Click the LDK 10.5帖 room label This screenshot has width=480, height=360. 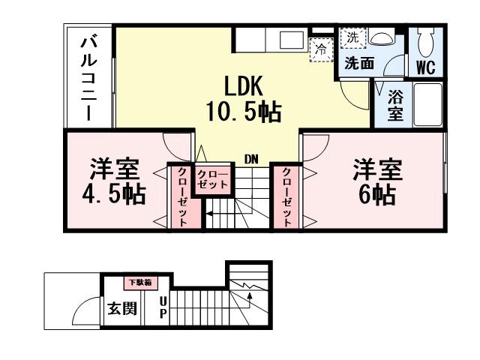tap(243, 98)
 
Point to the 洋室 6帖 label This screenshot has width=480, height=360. tap(377, 182)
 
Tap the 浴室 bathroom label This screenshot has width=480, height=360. tap(395, 105)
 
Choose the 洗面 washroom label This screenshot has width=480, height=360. tap(359, 64)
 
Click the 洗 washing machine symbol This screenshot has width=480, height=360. tap(352, 35)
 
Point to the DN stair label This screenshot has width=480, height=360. tap(251, 159)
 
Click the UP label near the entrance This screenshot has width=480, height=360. tap(162, 308)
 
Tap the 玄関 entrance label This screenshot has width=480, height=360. tap(121, 307)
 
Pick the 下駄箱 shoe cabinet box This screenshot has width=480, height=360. tap(139, 283)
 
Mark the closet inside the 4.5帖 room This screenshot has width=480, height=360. tap(183, 196)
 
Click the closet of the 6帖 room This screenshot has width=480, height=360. tap(287, 196)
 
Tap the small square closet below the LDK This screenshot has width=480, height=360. tap(213, 179)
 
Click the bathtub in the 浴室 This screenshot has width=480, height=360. tap(426, 105)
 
